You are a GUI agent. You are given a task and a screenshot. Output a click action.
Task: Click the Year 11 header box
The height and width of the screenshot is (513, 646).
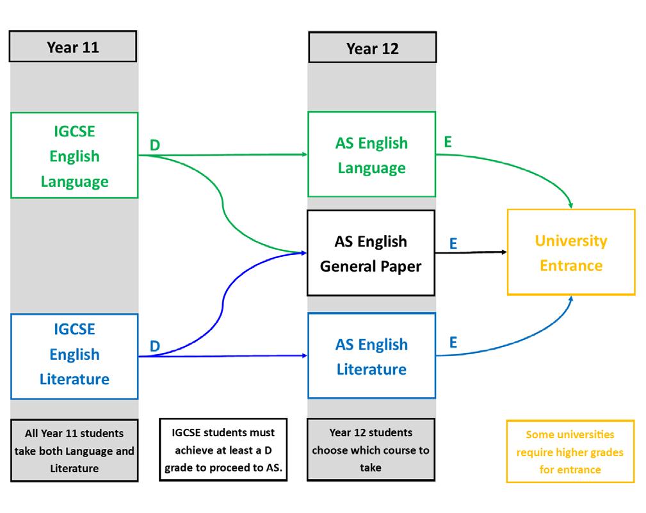tap(73, 47)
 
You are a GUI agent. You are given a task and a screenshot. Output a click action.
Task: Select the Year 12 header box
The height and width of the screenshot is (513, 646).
tap(372, 48)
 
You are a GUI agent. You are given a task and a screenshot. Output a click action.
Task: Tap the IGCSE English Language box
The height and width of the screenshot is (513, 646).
tap(74, 156)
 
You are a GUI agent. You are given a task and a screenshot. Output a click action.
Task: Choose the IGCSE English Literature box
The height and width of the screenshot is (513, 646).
tap(74, 354)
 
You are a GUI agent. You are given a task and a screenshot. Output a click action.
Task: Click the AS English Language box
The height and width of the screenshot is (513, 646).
tap(371, 155)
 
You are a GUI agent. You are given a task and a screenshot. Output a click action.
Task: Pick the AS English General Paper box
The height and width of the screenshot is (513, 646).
tap(371, 253)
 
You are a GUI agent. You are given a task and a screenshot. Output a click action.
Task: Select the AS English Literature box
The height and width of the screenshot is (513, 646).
tap(371, 357)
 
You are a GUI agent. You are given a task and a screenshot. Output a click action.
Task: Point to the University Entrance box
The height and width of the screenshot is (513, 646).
tap(571, 252)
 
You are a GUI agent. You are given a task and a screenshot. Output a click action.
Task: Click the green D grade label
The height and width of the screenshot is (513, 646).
tap(155, 146)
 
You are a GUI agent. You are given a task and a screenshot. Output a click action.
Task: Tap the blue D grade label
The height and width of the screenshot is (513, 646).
tap(155, 346)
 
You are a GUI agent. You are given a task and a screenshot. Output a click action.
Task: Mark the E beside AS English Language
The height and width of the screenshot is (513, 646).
tap(448, 142)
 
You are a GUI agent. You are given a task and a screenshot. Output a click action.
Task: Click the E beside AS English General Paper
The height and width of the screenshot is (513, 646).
tap(453, 243)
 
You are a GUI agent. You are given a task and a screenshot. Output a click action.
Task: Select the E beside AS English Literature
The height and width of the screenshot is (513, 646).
tap(453, 343)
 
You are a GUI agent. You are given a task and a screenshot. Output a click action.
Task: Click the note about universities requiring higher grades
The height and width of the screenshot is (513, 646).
tap(570, 452)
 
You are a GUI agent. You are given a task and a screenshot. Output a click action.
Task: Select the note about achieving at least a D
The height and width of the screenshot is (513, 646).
tap(223, 450)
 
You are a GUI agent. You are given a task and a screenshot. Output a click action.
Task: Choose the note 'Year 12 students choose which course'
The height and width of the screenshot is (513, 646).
tap(371, 450)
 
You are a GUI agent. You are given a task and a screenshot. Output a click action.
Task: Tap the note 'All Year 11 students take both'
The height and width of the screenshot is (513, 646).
tap(74, 451)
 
